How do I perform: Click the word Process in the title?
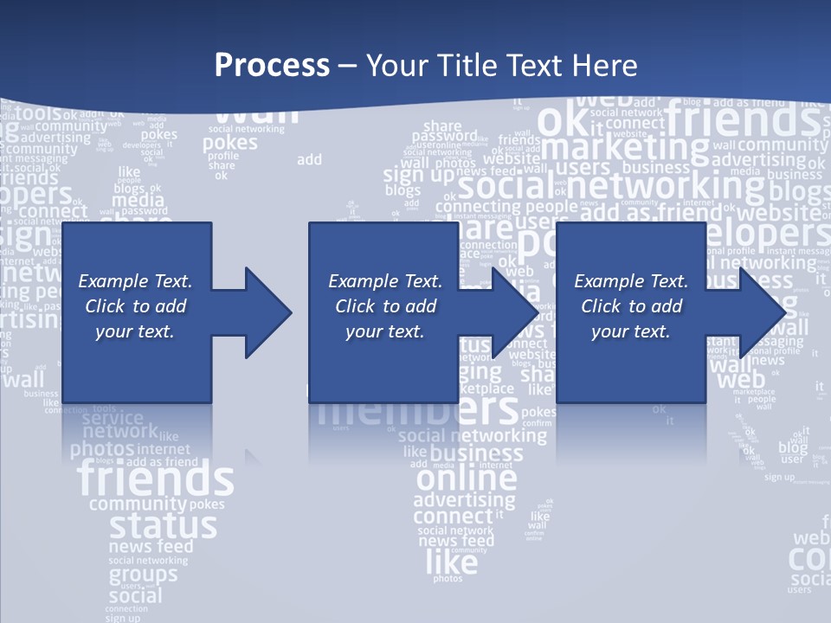272,66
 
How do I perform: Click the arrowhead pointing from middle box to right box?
516,312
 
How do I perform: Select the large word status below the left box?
163,525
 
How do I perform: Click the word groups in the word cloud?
143,575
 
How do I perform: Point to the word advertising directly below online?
464,500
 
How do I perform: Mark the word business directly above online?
476,453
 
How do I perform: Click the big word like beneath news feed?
451,563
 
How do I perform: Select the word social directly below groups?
135,595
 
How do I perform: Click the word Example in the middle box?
356,281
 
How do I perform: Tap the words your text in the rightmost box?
630,331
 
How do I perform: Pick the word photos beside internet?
102,449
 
